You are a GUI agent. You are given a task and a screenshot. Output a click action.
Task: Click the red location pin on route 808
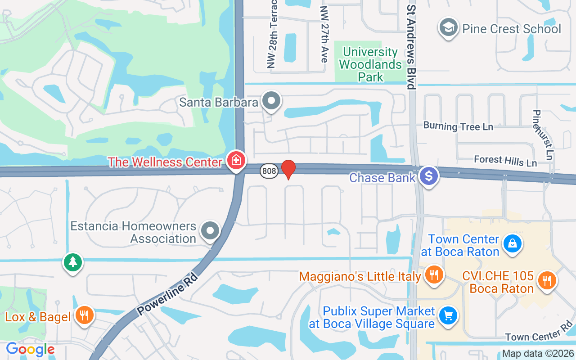288,169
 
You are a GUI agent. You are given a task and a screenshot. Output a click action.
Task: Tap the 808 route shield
268,171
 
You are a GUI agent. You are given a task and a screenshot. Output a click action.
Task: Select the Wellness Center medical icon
236,160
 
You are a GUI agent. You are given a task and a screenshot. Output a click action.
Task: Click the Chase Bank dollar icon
429,176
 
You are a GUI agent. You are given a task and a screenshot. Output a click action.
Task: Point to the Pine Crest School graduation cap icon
448,27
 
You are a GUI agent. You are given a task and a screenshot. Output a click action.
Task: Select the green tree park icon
72,261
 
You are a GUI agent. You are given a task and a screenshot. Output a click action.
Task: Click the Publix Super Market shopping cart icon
448,315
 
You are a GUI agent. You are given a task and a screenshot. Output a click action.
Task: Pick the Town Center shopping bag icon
512,243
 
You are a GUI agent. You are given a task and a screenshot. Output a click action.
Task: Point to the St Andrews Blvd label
410,47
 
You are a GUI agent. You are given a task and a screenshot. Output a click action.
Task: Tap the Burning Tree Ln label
458,126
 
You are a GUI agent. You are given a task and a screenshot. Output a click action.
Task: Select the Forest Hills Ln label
505,161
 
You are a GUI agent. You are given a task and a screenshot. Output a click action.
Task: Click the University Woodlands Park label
370,65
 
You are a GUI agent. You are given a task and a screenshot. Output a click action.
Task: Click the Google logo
30,349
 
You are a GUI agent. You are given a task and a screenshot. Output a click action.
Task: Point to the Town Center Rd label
539,332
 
